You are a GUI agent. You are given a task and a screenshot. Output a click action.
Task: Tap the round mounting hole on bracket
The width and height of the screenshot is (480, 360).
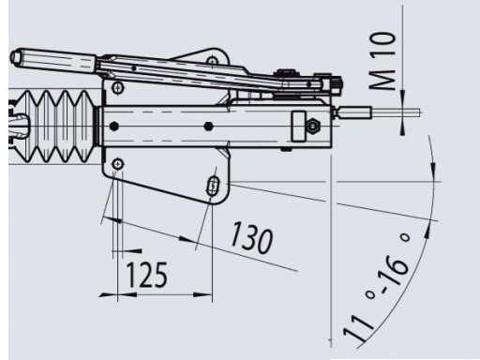point(118,165)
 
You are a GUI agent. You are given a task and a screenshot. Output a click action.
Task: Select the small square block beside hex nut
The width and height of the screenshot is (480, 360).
point(301,123)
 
